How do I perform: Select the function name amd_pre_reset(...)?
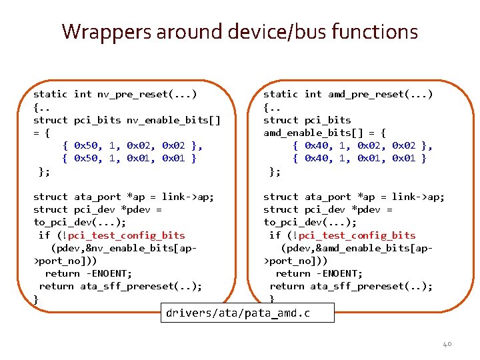(380, 94)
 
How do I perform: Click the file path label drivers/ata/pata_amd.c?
(239, 313)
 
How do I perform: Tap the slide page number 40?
(447, 344)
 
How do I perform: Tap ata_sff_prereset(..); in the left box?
(141, 286)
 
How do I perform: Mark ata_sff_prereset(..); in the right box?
(371, 286)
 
